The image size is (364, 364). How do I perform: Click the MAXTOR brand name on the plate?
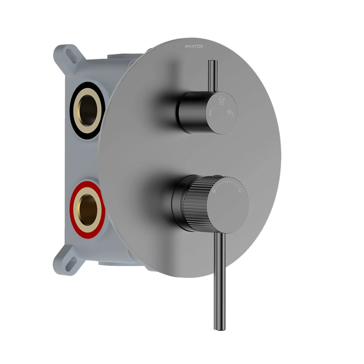(x=194, y=46)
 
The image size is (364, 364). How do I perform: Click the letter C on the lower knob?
(x=240, y=191)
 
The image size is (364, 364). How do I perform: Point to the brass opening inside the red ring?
(x=87, y=209)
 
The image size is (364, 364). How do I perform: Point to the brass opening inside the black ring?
(x=87, y=111)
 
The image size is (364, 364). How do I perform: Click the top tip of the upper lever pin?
(x=213, y=62)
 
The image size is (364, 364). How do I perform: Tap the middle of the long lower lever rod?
(x=220, y=281)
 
